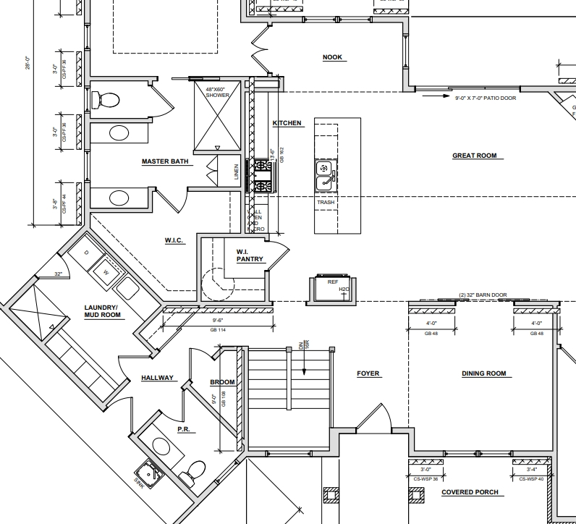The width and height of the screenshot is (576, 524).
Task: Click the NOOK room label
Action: (332, 58)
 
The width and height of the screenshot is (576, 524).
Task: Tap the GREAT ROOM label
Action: (474, 156)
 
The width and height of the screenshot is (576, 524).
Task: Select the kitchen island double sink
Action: (325, 174)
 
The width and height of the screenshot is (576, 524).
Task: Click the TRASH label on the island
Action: (326, 202)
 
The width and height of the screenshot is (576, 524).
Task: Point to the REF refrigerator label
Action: (332, 282)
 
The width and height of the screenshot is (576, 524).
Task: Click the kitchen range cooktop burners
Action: (261, 176)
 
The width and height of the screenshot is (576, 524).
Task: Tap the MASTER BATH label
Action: (166, 161)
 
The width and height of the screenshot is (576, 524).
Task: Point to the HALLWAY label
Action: (157, 378)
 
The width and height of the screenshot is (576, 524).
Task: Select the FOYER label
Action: (368, 374)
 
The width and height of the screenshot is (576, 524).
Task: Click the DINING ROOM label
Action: (483, 374)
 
